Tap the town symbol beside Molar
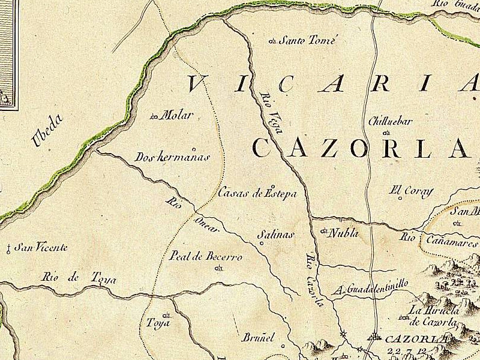click(x=154, y=116)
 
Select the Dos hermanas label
click(x=172, y=157)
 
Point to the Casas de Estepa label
click(x=257, y=193)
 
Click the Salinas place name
click(x=276, y=235)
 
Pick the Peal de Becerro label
click(x=206, y=257)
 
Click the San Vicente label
click(x=41, y=247)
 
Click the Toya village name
click(x=158, y=323)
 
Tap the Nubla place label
click(x=343, y=233)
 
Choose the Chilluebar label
click(x=390, y=121)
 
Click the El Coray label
click(x=412, y=191)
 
